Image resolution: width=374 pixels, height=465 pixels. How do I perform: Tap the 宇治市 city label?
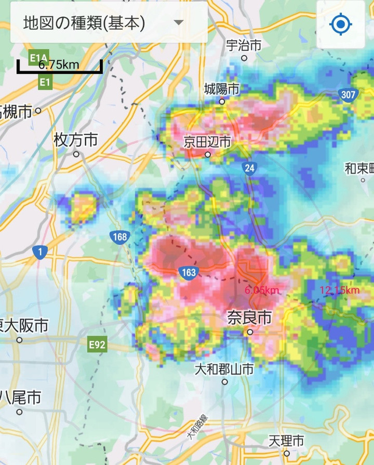click(x=244, y=45)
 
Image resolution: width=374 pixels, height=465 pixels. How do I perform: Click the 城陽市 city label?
click(x=221, y=89)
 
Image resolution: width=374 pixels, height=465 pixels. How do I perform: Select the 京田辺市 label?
click(x=207, y=142)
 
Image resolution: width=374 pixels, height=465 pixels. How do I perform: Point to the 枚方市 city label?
click(x=76, y=140)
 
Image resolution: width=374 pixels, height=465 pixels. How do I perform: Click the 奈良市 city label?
click(x=249, y=317)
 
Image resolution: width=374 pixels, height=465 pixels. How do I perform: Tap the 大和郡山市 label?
click(x=224, y=369)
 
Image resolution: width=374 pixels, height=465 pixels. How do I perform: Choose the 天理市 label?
click(x=286, y=441)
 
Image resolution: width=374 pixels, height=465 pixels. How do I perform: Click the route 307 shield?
click(x=348, y=95)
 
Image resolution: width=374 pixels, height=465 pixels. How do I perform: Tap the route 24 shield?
click(x=249, y=167)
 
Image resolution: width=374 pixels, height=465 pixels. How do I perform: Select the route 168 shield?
click(x=119, y=237)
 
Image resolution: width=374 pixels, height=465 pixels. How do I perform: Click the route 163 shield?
click(x=188, y=272)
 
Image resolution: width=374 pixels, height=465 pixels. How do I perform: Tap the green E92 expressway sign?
click(x=97, y=344)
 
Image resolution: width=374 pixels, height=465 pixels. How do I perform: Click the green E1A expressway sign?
click(x=38, y=57)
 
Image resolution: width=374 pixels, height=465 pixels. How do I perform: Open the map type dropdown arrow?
click(x=179, y=23)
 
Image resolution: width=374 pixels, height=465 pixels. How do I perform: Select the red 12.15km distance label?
click(x=340, y=289)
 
